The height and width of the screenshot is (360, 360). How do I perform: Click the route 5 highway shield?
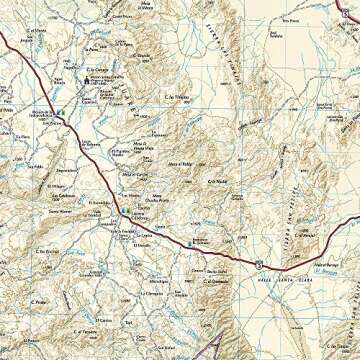tap(259, 262)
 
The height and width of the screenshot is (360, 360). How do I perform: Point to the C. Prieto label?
tap(40, 303)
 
